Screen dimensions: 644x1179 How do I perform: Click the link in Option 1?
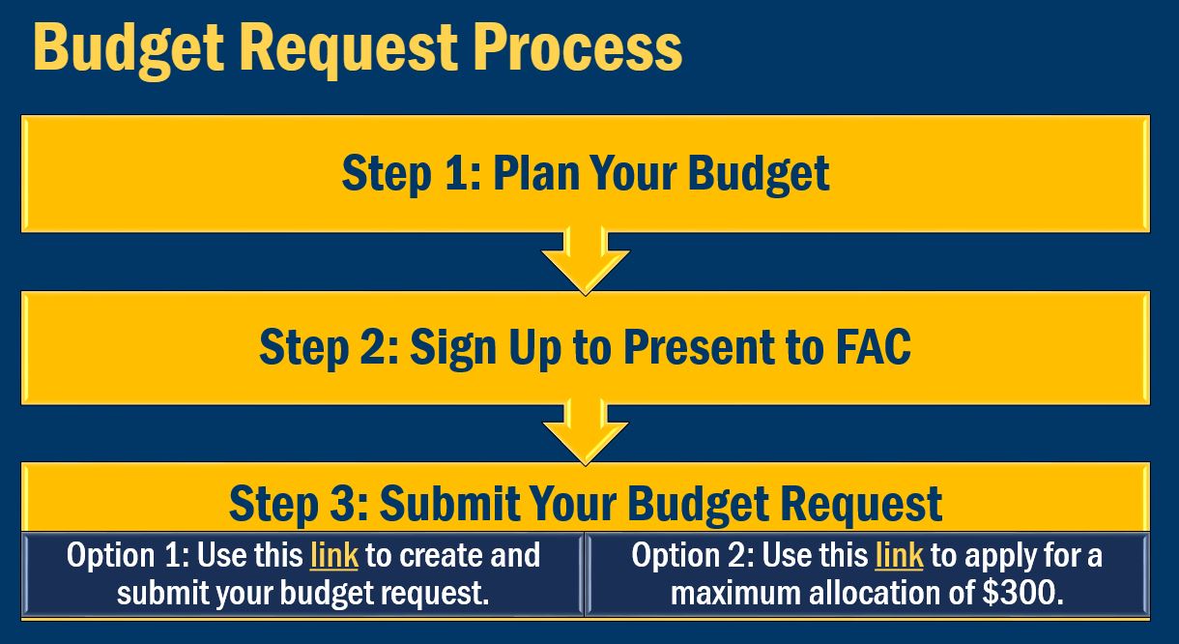pos(333,556)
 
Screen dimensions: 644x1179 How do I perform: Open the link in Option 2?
pos(899,556)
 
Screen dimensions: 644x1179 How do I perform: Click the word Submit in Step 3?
pos(438,504)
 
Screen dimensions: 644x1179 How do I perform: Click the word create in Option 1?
pos(446,556)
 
